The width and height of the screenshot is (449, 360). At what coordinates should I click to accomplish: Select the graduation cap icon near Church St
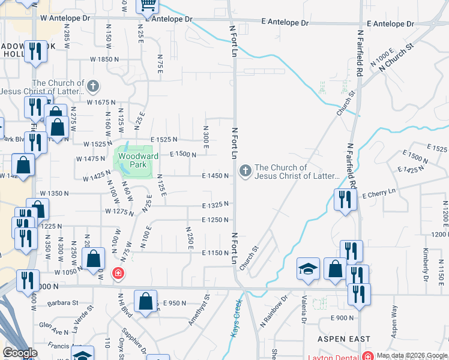pyautogui.click(x=308, y=269)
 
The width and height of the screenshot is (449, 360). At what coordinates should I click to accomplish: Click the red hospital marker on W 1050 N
pyautogui.click(x=118, y=274)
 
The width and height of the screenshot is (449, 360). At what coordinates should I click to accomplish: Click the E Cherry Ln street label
pyautogui.click(x=379, y=191)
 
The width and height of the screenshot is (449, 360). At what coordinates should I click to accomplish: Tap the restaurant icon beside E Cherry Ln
pyautogui.click(x=345, y=200)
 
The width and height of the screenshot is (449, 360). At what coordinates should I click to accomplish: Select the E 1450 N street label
pyautogui.click(x=215, y=176)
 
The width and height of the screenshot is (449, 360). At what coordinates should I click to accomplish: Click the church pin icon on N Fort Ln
pyautogui.click(x=245, y=172)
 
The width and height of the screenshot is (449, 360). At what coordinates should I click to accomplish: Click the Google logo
pyautogui.click(x=19, y=353)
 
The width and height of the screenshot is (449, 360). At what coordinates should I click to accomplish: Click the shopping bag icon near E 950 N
pyautogui.click(x=146, y=301)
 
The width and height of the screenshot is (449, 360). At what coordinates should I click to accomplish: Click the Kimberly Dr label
pyautogui.click(x=426, y=265)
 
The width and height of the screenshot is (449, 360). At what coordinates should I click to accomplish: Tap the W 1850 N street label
pyautogui.click(x=105, y=59)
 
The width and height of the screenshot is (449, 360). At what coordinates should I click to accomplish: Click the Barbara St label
pyautogui.click(x=64, y=303)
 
